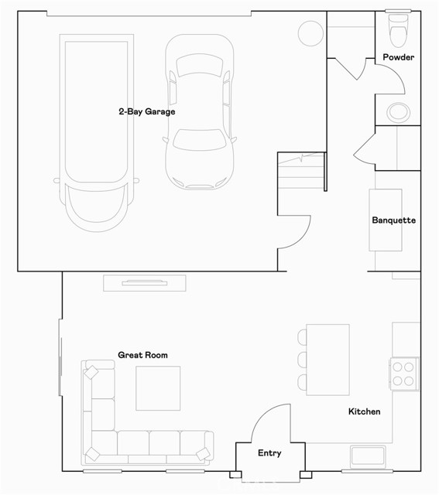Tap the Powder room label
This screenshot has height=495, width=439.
pos(398,57)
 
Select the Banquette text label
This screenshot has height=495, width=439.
pos(393,220)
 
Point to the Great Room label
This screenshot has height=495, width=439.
pos(142,355)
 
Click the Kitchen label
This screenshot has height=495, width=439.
pos(364,411)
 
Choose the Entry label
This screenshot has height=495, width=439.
pos(269,453)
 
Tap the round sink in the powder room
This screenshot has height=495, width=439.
pos(398,111)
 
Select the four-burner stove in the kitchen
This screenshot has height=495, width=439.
pos(403,372)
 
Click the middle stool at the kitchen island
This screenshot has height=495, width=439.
pos(302,360)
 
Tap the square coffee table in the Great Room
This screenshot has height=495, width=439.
pos(158,388)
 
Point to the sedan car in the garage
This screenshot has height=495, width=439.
pos(199,112)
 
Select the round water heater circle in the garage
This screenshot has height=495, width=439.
pos(310,32)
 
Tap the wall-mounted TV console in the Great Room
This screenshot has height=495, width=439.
pos(145,283)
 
